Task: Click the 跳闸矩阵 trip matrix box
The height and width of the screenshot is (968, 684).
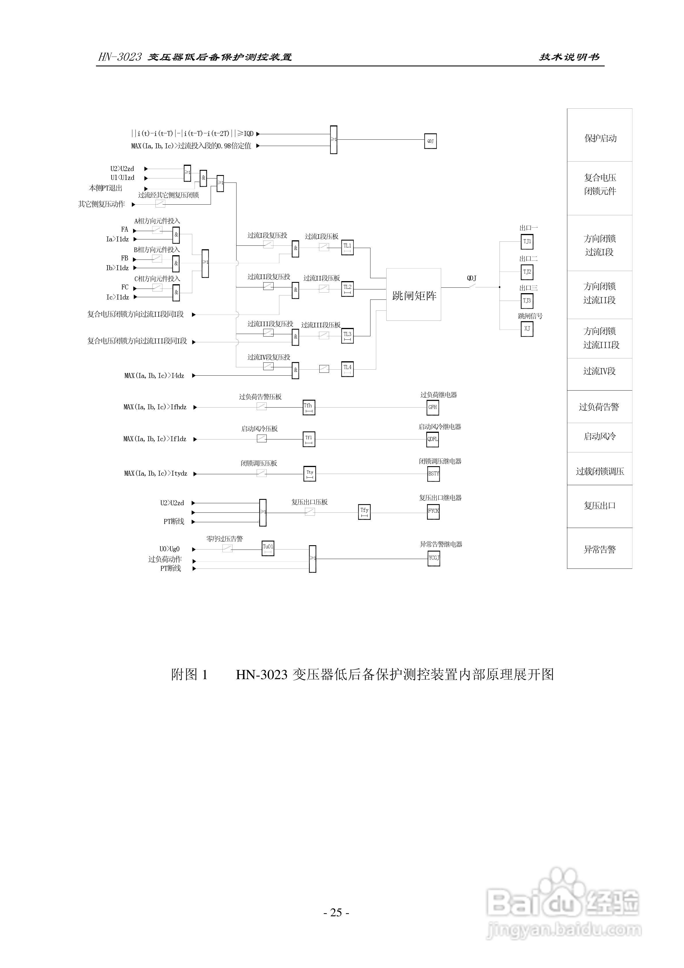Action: pyautogui.click(x=413, y=295)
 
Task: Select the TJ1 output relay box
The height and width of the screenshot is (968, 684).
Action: pyautogui.click(x=527, y=242)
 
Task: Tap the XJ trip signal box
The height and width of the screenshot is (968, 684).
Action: pyautogui.click(x=527, y=329)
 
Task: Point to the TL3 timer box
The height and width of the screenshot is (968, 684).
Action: pyautogui.click(x=347, y=336)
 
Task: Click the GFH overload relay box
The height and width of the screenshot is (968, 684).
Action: pyautogui.click(x=433, y=408)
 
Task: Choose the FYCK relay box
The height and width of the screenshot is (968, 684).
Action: pyautogui.click(x=433, y=511)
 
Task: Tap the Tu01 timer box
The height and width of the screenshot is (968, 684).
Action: pyautogui.click(x=268, y=548)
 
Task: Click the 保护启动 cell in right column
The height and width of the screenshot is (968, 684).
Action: pyautogui.click(x=600, y=138)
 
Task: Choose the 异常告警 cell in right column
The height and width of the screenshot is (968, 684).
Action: pyautogui.click(x=600, y=549)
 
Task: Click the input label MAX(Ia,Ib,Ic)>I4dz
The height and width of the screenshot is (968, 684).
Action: pyautogui.click(x=154, y=376)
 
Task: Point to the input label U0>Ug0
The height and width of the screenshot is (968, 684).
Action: pyautogui.click(x=170, y=549)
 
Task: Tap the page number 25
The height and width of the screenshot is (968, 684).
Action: pyautogui.click(x=336, y=912)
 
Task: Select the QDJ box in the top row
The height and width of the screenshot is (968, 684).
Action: pyautogui.click(x=430, y=141)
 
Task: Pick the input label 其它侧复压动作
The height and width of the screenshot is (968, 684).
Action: pyautogui.click(x=102, y=204)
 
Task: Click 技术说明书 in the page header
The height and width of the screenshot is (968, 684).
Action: pyautogui.click(x=569, y=57)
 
